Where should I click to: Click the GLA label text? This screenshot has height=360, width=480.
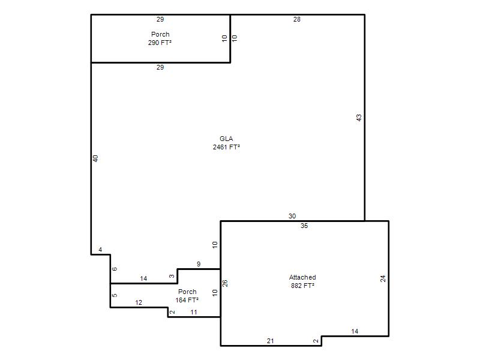point(226,139)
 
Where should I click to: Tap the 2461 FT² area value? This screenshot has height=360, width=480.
point(226,147)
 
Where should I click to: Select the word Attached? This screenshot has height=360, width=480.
point(302,277)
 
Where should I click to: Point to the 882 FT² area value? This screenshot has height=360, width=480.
point(302,286)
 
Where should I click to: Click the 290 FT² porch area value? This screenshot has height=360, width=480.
point(160,43)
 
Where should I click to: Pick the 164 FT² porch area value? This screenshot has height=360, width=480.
point(187,301)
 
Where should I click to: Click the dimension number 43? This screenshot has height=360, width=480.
point(359,118)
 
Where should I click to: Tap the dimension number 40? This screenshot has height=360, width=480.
point(95,158)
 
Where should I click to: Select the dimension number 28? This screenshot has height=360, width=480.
point(297,19)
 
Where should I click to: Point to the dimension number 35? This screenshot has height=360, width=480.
point(304,226)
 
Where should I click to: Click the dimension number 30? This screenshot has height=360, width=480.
point(292,216)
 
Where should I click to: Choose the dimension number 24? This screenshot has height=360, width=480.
point(383,278)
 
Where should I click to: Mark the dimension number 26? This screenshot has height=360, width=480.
point(225,283)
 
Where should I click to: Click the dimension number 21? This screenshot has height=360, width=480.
point(271,341)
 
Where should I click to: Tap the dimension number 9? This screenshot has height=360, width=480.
point(199,264)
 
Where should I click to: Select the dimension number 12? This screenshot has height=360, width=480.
point(139,303)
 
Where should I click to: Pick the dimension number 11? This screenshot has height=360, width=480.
point(194,312)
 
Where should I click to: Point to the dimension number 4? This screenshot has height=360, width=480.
point(100,250)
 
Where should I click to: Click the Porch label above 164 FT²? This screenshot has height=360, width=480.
point(187,292)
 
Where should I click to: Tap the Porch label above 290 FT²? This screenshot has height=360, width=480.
point(160,34)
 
